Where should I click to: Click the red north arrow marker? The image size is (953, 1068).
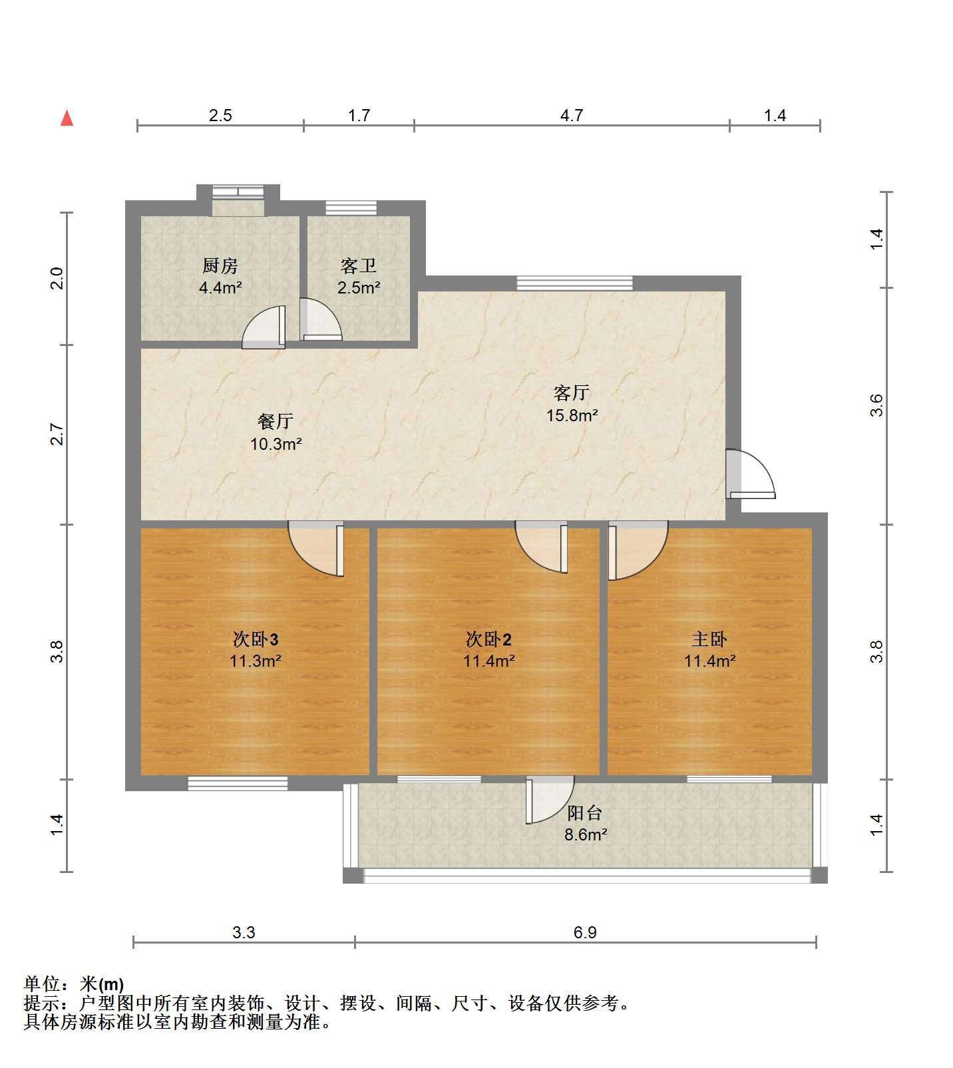(x=67, y=118)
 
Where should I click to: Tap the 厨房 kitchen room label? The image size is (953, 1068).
(x=220, y=266)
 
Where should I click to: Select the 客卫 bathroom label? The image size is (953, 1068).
(x=359, y=266)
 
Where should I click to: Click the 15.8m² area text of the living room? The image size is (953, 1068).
(x=572, y=416)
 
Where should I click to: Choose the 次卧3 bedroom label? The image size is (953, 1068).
(x=255, y=639)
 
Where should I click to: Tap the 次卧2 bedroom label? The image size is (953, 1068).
(x=488, y=639)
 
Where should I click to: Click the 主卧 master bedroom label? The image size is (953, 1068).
(x=709, y=639)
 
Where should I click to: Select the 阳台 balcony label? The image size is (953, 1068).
(x=585, y=812)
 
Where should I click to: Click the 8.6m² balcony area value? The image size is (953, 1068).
(x=586, y=834)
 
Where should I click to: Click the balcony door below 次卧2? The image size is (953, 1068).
(x=550, y=800)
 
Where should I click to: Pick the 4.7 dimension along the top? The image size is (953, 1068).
(x=572, y=116)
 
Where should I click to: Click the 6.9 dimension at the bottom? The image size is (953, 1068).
(x=585, y=932)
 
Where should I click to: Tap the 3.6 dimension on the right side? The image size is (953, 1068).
(x=876, y=405)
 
